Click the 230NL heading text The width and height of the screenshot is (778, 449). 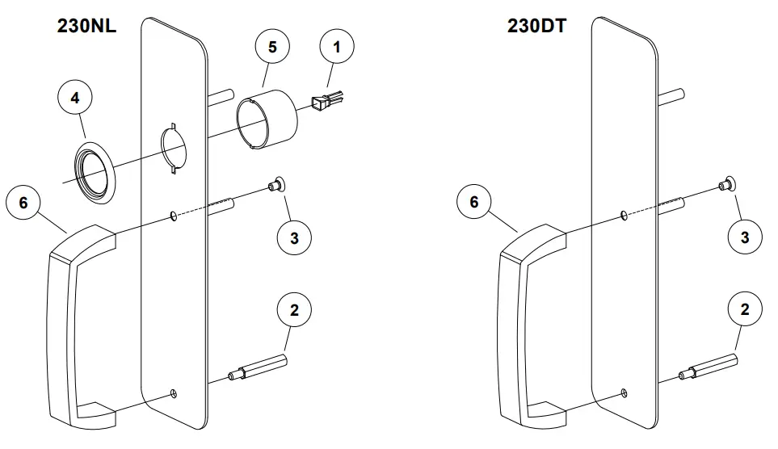(x=86, y=25)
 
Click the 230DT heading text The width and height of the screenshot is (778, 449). (x=536, y=25)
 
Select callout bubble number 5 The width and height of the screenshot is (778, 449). (x=272, y=47)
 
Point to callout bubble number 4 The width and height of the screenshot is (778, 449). (x=75, y=98)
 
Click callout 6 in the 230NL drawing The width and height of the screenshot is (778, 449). (x=23, y=203)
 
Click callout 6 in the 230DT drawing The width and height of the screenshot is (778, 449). (x=474, y=203)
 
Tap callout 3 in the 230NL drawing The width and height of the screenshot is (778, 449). (x=294, y=237)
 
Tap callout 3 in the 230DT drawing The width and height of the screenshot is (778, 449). (x=745, y=237)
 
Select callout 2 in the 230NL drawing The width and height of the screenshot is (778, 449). (x=294, y=310)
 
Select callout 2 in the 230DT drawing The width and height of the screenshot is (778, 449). (x=745, y=310)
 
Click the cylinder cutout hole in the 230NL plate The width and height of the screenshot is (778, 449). (x=175, y=146)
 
